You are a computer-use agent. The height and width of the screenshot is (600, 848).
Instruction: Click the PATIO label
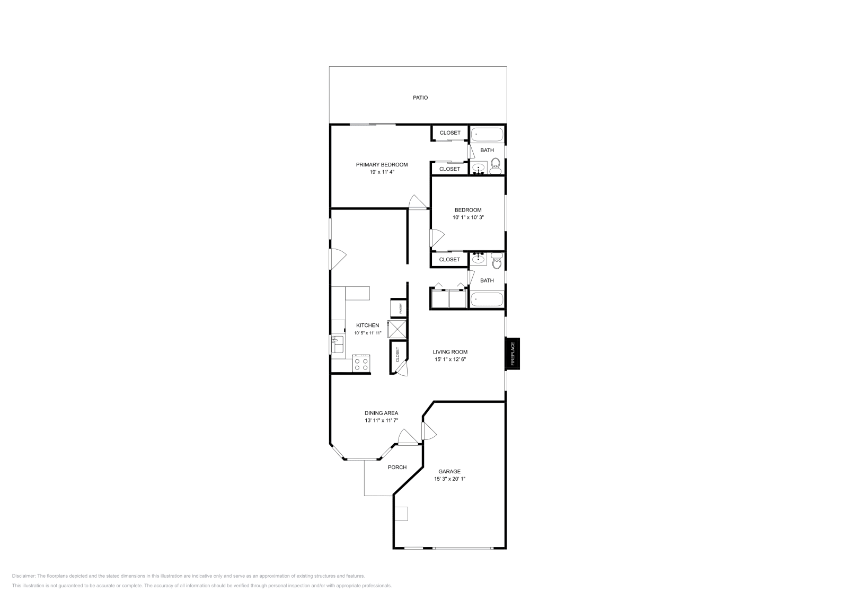(420, 98)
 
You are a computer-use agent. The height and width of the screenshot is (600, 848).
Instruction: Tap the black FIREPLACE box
(513, 354)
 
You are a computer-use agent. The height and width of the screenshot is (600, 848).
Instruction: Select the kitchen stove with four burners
(361, 364)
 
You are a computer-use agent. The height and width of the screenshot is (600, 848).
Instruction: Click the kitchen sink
(337, 345)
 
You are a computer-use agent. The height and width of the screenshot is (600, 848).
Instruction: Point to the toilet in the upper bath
(496, 166)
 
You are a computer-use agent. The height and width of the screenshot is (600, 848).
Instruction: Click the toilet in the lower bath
(497, 261)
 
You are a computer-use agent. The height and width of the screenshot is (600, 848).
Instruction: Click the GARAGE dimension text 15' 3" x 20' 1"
(450, 479)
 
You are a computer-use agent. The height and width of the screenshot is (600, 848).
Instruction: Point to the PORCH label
(397, 467)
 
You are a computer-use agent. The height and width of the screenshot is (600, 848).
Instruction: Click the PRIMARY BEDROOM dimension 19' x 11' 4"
(382, 172)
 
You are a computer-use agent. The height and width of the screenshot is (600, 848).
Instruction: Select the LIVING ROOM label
(450, 351)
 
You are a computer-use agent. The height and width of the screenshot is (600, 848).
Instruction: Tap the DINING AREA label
(381, 413)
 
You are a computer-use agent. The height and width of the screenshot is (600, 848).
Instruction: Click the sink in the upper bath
(479, 169)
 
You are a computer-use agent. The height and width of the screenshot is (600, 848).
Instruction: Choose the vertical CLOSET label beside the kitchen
(397, 355)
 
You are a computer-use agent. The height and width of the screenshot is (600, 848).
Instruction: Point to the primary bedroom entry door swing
(418, 202)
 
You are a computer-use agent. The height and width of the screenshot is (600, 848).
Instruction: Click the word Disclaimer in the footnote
(23, 576)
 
